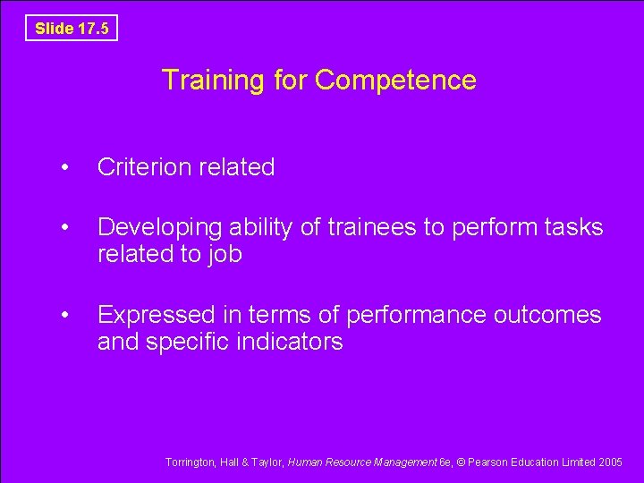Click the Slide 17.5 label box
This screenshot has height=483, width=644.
(x=72, y=29)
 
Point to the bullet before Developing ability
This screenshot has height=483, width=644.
(x=64, y=228)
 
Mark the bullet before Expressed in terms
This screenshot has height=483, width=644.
(x=64, y=316)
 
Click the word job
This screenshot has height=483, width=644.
(x=224, y=255)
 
